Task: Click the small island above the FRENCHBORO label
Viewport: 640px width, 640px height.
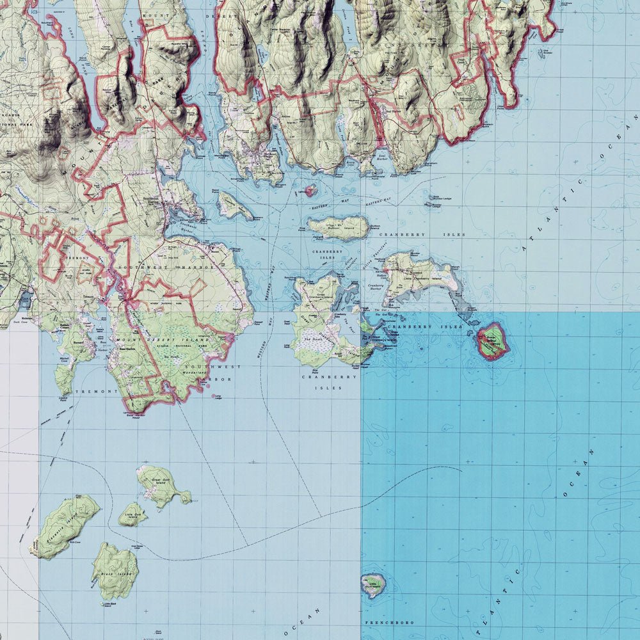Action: point(372,584)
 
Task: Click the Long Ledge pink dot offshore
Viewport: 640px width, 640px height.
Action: point(214,396)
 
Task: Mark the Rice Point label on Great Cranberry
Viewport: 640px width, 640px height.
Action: point(298,370)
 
